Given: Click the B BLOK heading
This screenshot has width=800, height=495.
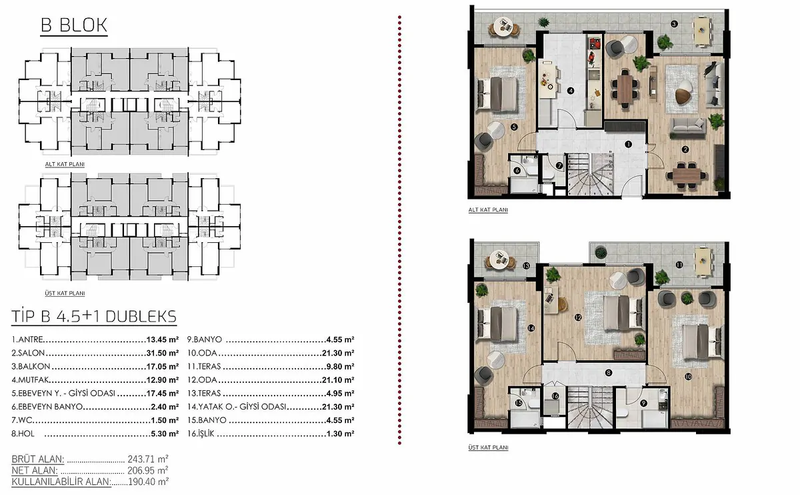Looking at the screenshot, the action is pyautogui.click(x=74, y=25).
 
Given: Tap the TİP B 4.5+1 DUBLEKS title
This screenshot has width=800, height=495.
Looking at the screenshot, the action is pyautogui.click(x=94, y=317).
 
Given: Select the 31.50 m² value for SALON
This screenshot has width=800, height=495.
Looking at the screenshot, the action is pyautogui.click(x=163, y=353).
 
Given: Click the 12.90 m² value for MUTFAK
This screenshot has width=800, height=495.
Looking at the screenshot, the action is pyautogui.click(x=163, y=380).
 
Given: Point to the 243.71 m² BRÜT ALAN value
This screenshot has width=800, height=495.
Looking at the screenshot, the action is pyautogui.click(x=148, y=458).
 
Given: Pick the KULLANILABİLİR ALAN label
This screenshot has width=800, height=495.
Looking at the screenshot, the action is pyautogui.click(x=61, y=482).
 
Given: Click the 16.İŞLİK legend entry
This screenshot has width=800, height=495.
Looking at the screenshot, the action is pyautogui.click(x=201, y=434).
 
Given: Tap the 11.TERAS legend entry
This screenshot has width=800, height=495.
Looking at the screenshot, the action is pyautogui.click(x=204, y=366).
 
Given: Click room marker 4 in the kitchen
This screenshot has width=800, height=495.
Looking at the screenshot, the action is pyautogui.click(x=571, y=91).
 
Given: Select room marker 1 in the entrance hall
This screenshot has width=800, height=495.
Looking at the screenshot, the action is pyautogui.click(x=628, y=144).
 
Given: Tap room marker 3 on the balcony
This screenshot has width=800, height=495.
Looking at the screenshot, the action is pyautogui.click(x=674, y=24).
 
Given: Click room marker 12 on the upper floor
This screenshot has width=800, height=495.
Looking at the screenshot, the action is pyautogui.click(x=578, y=318).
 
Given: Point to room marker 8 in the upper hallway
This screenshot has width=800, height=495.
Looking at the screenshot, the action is pyautogui.click(x=609, y=373).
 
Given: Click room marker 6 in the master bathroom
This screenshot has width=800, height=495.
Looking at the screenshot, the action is pyautogui.click(x=517, y=171).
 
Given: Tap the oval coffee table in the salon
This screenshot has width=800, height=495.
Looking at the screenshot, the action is pyautogui.click(x=684, y=92).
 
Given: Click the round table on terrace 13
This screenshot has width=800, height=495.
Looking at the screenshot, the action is pyautogui.click(x=499, y=258).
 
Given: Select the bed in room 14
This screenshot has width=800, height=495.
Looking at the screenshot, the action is pyautogui.click(x=498, y=324).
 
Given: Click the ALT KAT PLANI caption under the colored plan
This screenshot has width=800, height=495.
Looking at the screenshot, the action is pyautogui.click(x=488, y=209).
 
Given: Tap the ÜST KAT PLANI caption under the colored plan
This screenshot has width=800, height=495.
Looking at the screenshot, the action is pyautogui.click(x=488, y=448).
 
